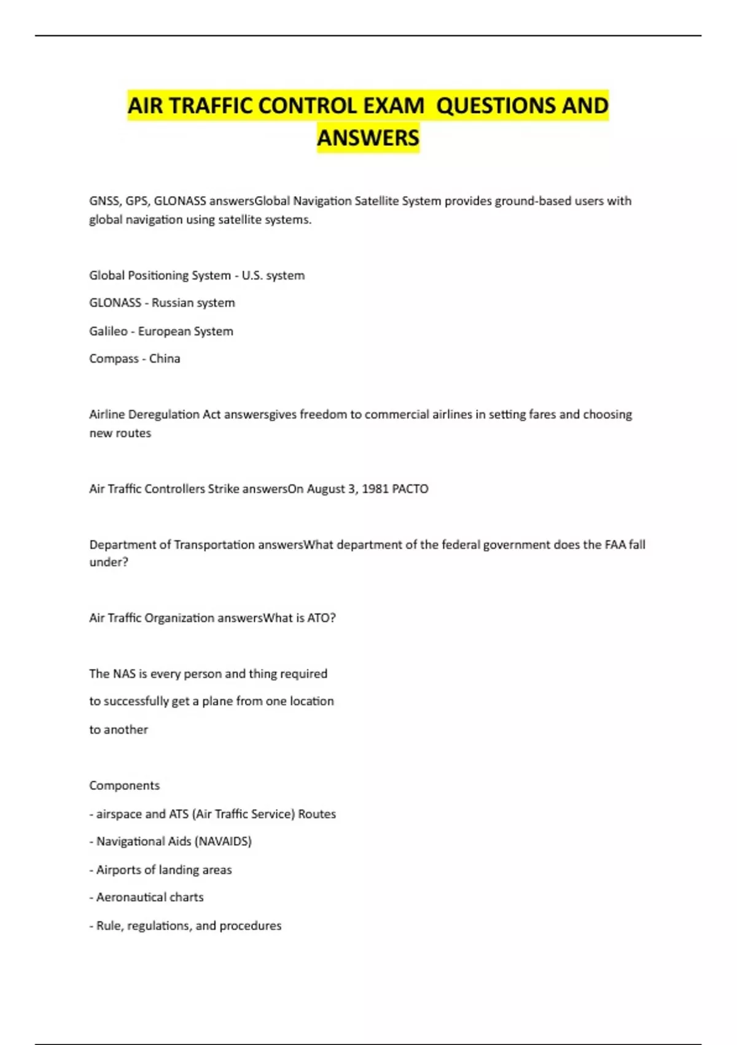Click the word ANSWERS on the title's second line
point(368,138)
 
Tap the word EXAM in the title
point(393,106)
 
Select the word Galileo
point(108,331)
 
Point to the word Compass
point(114,359)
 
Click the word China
point(165,359)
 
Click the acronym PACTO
point(410,489)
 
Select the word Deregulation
point(164,415)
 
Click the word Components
point(124,786)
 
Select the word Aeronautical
point(131,897)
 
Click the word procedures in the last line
point(250,926)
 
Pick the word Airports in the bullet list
point(119,870)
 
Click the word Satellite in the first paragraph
point(376,201)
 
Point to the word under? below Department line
point(109,562)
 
